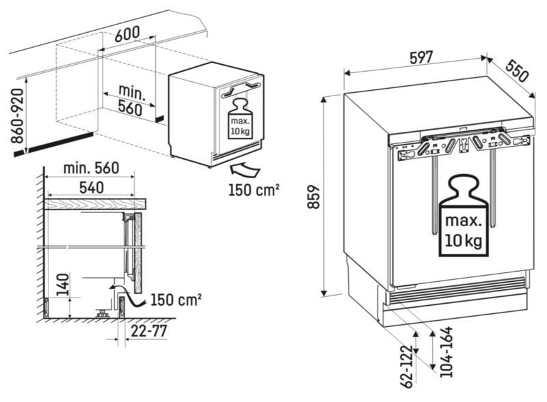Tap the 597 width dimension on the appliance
421,57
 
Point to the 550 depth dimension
518,70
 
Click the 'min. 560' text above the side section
90,167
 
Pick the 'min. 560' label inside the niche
130,99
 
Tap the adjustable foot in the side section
103,313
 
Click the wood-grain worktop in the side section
96,203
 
